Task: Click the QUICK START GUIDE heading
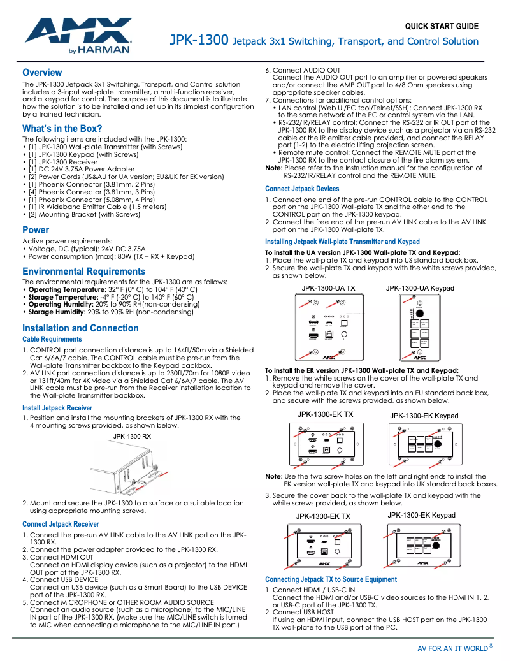coord(441,26)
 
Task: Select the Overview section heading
coord(42,72)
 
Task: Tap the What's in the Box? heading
coord(62,128)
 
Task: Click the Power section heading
coord(36,229)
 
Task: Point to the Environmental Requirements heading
coord(83,271)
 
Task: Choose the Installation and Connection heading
coord(80,328)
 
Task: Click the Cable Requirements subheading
coord(52,340)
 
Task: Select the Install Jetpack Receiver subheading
coord(57,407)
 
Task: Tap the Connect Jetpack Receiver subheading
coord(61,524)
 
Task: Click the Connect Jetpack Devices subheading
coord(302,189)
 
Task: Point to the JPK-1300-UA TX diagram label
coord(328,289)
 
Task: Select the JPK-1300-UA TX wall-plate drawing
coord(328,330)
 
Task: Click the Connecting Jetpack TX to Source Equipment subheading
coord(331,579)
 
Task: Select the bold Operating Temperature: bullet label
coord(64,289)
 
